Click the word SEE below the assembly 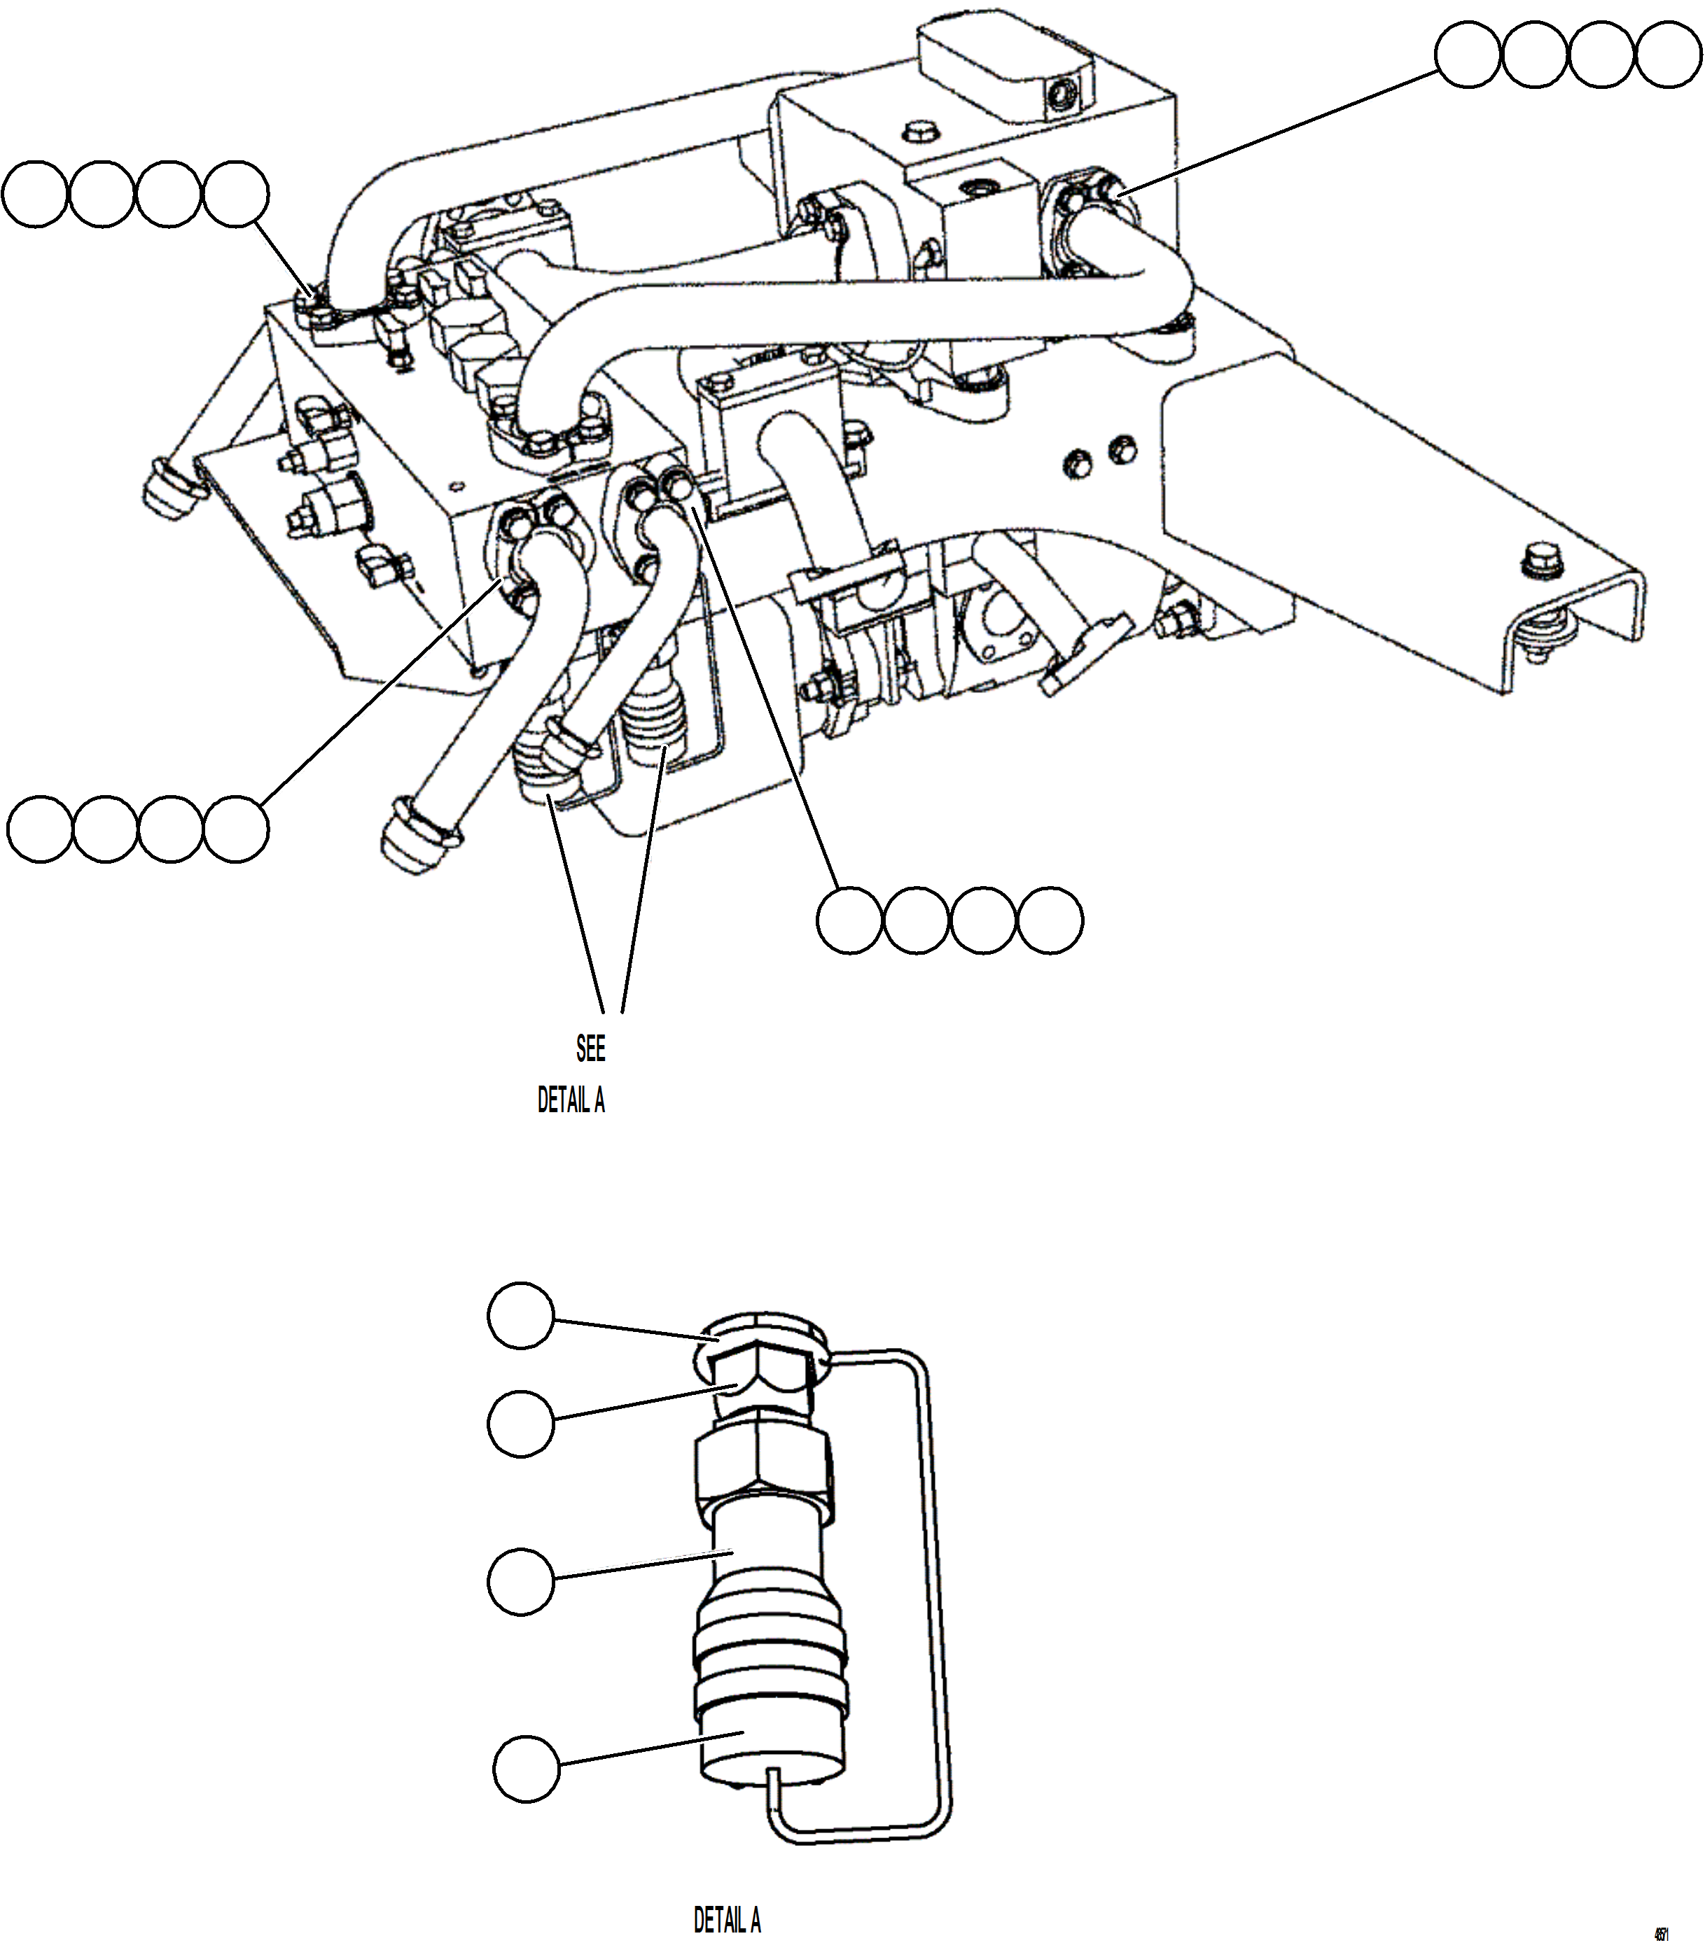click(x=590, y=1048)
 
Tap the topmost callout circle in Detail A click(x=520, y=1316)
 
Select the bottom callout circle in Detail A click(x=526, y=1768)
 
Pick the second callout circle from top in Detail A click(x=520, y=1423)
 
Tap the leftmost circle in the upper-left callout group click(x=35, y=194)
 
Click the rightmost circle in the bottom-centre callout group click(x=1050, y=920)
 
